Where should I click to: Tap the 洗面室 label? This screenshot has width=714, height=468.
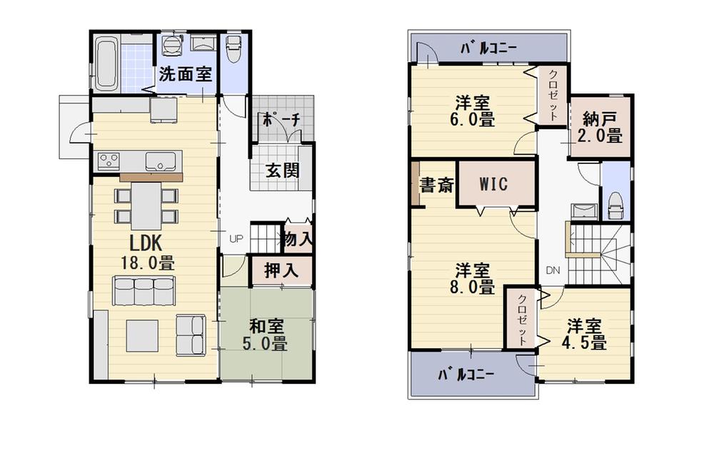185,73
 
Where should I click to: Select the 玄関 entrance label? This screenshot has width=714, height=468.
283,171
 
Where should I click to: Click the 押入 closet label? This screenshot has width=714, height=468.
281,271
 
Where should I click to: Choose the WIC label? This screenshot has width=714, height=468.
493,184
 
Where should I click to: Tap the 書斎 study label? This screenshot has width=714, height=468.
436,186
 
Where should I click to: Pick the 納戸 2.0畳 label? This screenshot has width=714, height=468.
601,127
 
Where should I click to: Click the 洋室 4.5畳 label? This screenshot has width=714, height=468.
587,334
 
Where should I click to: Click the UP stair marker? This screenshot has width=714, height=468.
234,238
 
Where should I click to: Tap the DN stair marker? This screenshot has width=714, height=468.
553,270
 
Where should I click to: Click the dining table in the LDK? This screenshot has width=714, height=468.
146,205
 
